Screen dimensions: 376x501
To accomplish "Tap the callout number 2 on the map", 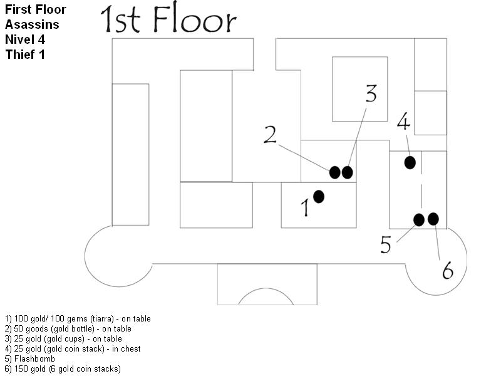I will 270,135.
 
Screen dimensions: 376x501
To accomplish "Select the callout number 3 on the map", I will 371,93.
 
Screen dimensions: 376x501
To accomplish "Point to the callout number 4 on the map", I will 403,122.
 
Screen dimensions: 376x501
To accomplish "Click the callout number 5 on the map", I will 386,244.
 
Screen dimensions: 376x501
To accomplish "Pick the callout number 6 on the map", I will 447,271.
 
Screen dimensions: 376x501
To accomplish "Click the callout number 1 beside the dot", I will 306,207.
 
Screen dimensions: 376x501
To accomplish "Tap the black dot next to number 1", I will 319,196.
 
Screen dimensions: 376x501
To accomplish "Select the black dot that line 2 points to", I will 335,172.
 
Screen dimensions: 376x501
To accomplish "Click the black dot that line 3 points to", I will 348,172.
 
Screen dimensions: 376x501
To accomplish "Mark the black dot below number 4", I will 410,163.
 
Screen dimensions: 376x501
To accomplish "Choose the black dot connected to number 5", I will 420,219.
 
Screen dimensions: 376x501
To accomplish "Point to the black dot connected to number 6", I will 433,219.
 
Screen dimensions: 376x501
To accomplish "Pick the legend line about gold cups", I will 63,338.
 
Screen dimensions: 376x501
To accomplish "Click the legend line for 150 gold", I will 63,368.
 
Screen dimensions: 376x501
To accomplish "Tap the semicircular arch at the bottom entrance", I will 266,297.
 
